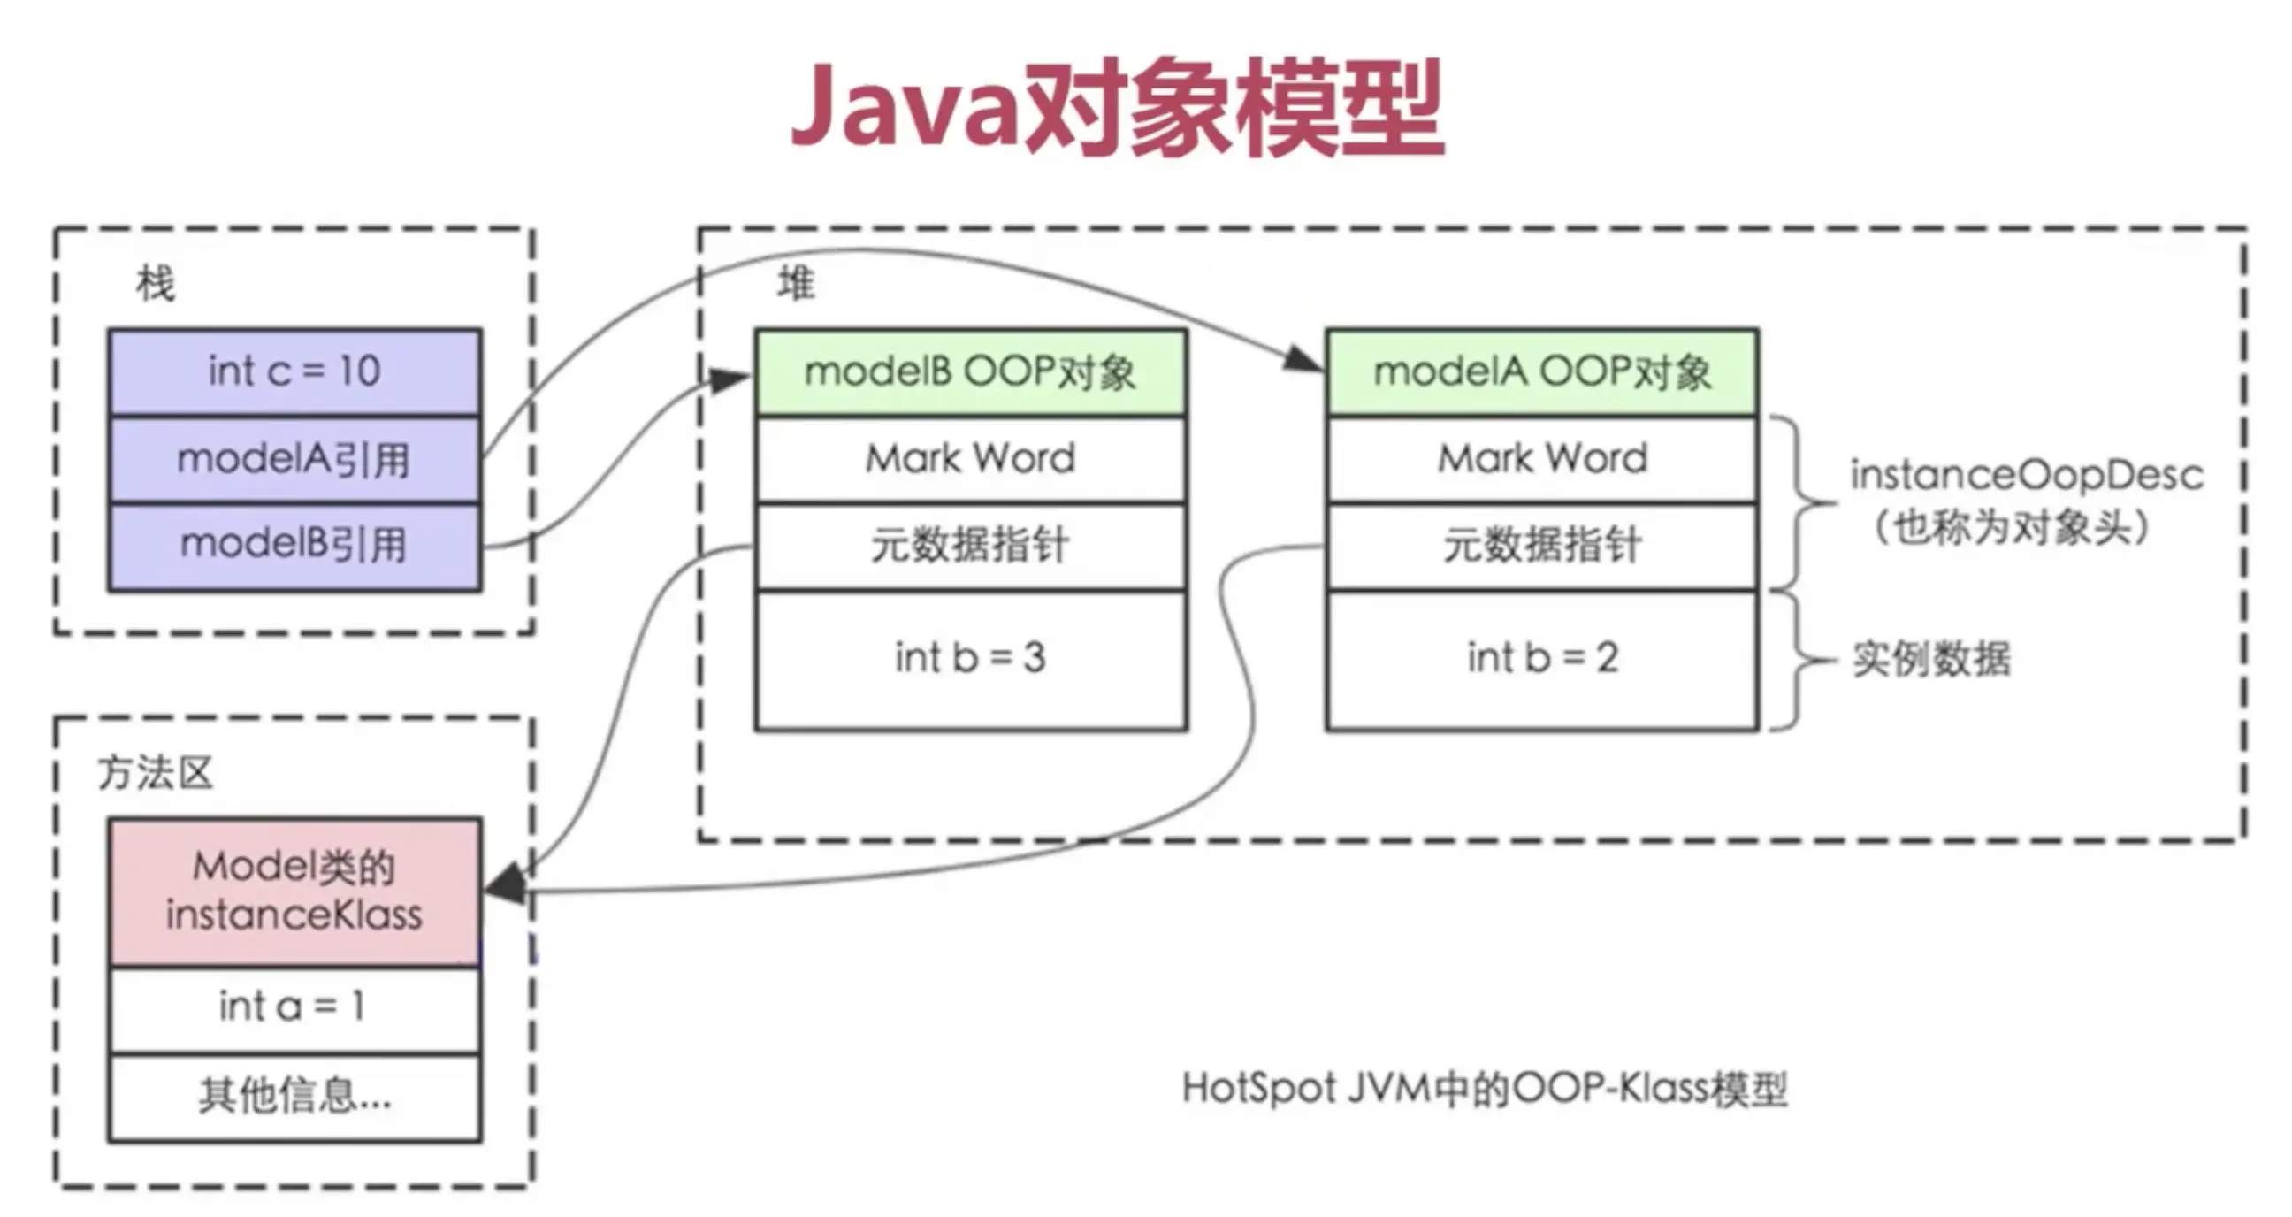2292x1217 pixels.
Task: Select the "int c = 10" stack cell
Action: click(x=294, y=371)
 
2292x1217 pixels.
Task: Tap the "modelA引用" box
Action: click(x=294, y=459)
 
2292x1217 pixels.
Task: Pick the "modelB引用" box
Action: click(x=294, y=545)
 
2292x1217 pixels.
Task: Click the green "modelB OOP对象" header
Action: click(x=970, y=371)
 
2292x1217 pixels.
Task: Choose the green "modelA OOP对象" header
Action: click(x=1542, y=371)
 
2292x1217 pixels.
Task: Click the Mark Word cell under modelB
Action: click(x=970, y=459)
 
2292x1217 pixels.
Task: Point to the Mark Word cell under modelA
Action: click(x=1542, y=459)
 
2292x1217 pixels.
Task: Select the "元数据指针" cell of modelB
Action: click(x=970, y=545)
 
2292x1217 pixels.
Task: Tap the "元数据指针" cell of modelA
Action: click(x=1542, y=545)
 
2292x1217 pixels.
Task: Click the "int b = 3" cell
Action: click(x=970, y=658)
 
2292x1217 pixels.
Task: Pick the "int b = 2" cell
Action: click(x=1542, y=658)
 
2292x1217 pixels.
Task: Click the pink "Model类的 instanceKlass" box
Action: click(x=294, y=892)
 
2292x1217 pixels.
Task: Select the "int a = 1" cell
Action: click(x=294, y=1007)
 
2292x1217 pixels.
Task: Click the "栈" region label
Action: click(x=156, y=284)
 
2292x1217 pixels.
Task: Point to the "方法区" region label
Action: click(x=156, y=773)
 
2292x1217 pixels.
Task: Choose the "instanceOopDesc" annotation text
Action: click(x=2027, y=477)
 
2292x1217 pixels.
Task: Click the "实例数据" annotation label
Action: click(x=1930, y=659)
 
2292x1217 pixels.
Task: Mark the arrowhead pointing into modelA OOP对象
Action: click(x=1304, y=359)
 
